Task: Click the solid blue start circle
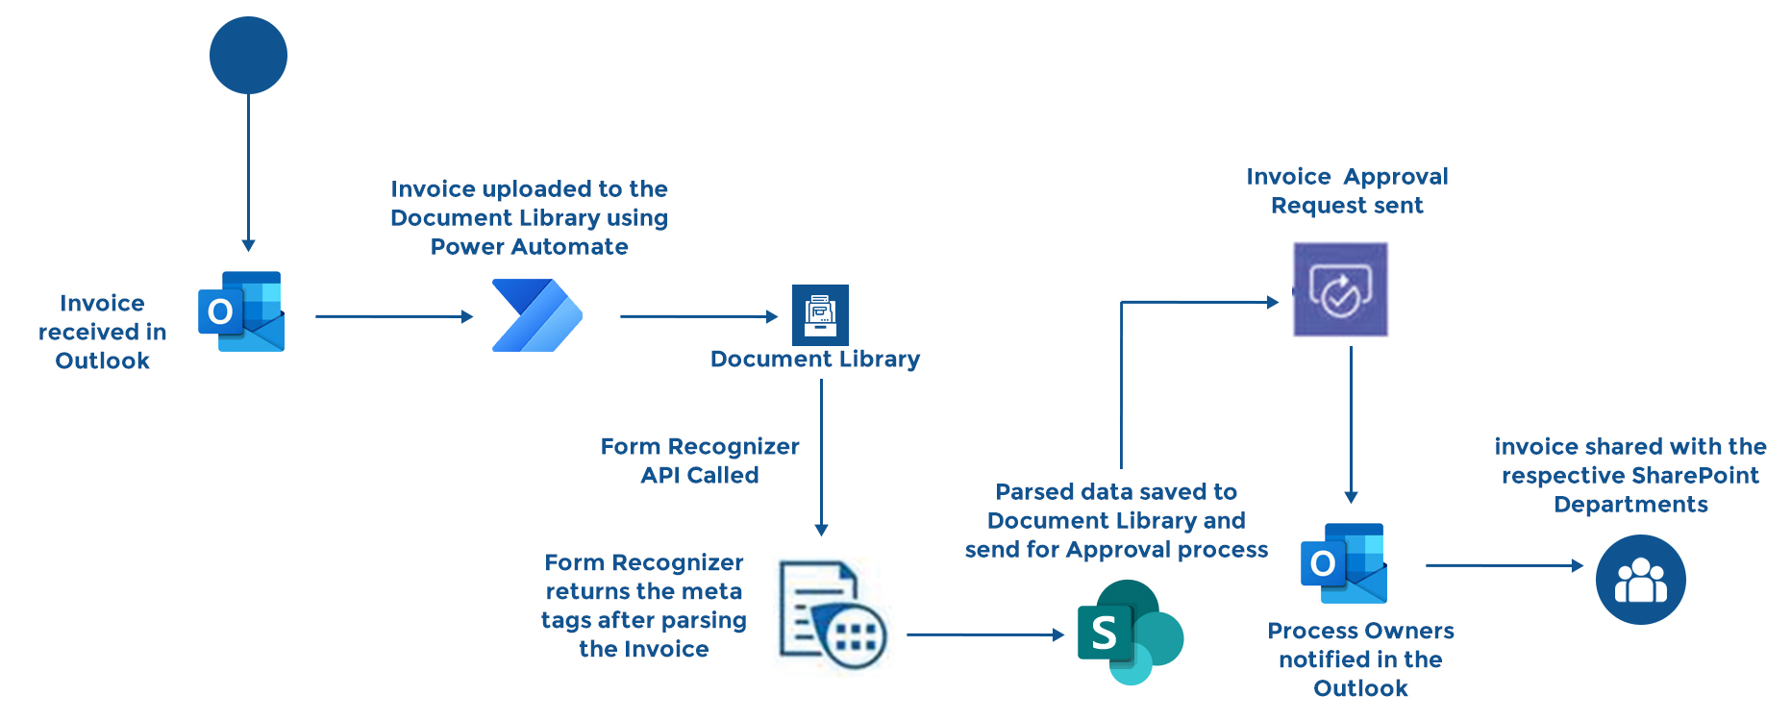coord(248,55)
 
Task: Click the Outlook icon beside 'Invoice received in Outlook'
coord(241,311)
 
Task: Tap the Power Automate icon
coord(536,315)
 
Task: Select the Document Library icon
coord(820,314)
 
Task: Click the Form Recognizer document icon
coord(831,615)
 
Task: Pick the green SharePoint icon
coord(1129,632)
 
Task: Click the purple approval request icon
coord(1340,289)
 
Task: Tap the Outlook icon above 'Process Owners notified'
coord(1344,563)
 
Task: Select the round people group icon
coord(1640,580)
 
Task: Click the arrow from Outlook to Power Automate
coord(394,316)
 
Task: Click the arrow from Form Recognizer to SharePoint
coord(985,634)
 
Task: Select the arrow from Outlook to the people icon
coord(1504,565)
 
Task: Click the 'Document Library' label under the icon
coord(815,360)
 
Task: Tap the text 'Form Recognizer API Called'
coord(700,460)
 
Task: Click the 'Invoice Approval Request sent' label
coord(1347,190)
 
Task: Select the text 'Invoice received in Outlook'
coord(102,332)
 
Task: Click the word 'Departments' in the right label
coord(1630,505)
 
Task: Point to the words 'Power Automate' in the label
coord(529,247)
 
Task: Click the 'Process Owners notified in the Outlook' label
coord(1360,659)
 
